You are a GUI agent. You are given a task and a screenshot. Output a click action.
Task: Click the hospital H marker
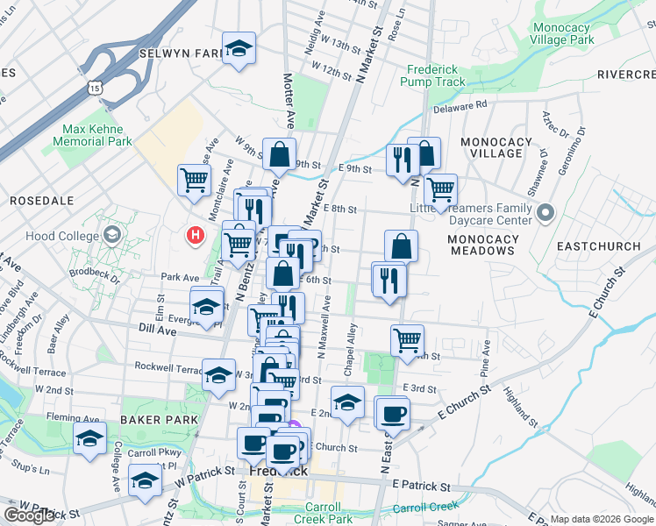click(x=196, y=235)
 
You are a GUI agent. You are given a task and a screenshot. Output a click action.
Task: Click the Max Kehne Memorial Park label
click(x=96, y=135)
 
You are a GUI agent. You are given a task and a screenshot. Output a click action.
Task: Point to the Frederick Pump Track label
click(x=432, y=75)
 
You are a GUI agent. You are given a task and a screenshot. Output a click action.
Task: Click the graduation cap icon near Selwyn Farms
click(x=238, y=49)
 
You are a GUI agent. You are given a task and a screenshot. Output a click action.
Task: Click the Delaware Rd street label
click(x=459, y=105)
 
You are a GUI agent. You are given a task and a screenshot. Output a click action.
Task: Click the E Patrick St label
click(x=421, y=484)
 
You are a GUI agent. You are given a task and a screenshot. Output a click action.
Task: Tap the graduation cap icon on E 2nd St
click(x=348, y=402)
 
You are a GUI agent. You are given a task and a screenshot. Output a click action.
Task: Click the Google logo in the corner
click(x=29, y=515)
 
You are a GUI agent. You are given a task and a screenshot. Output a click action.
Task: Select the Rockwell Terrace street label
click(x=167, y=366)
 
